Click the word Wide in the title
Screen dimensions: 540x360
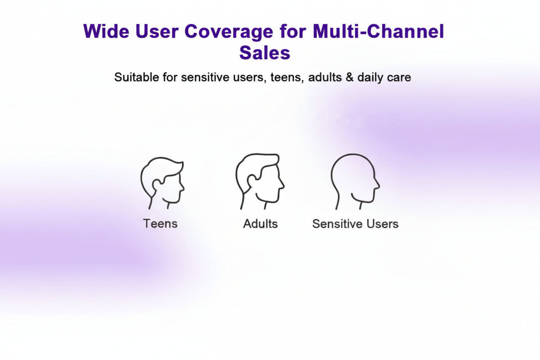pos(106,31)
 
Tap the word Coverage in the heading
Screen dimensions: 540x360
pos(229,32)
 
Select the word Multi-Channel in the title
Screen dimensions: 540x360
pos(378,31)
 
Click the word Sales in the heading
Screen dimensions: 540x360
pos(265,53)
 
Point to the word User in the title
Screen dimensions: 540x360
pos(157,31)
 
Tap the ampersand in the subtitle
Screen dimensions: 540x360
pos(349,77)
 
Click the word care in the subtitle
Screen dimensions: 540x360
pos(399,78)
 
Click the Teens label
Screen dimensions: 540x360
pos(160,224)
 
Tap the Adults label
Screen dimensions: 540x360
pos(261,224)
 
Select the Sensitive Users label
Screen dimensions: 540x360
pos(355,224)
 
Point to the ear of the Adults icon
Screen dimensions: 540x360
pos(252,180)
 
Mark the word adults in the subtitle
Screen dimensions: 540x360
pos(325,77)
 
